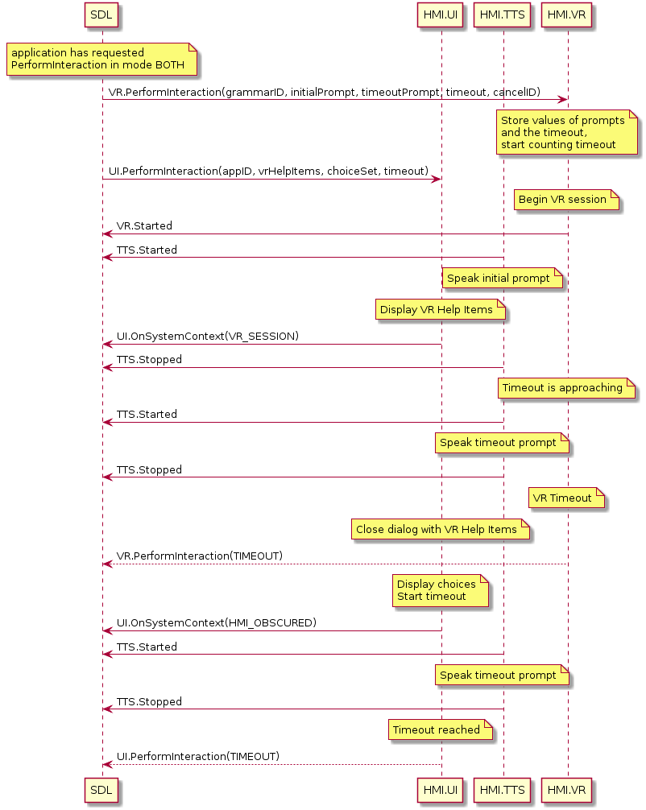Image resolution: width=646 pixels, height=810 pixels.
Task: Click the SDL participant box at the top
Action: (101, 15)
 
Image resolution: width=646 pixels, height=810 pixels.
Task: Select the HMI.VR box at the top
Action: (566, 15)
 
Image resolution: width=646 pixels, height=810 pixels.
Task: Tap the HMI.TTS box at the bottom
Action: (502, 790)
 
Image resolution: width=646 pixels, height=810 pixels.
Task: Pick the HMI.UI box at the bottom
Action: (441, 790)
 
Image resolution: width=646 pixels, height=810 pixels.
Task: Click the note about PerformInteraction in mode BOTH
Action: (101, 60)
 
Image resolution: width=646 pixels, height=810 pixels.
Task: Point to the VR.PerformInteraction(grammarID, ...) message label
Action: (325, 93)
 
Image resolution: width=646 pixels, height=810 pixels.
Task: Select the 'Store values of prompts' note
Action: (566, 132)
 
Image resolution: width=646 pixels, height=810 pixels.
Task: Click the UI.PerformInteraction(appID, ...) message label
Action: (269, 171)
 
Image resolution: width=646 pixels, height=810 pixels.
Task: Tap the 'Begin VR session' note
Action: (566, 200)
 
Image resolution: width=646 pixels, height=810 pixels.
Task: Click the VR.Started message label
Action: (144, 226)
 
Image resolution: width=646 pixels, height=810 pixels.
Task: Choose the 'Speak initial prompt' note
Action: (503, 279)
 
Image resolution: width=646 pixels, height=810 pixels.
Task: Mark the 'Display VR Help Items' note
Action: (441, 310)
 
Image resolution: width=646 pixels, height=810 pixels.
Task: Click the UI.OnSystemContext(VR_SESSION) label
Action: (208, 337)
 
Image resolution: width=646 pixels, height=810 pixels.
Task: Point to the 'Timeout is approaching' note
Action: (566, 388)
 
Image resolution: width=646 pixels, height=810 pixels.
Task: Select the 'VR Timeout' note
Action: (566, 498)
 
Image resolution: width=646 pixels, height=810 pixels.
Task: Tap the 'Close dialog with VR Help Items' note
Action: (441, 530)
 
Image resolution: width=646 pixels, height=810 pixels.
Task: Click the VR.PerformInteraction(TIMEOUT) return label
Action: (200, 556)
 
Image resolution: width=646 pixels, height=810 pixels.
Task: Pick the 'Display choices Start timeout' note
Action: (441, 590)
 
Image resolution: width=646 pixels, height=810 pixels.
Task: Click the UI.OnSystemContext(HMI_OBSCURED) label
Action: (217, 623)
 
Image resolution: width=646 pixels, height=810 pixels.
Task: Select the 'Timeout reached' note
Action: (441, 730)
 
